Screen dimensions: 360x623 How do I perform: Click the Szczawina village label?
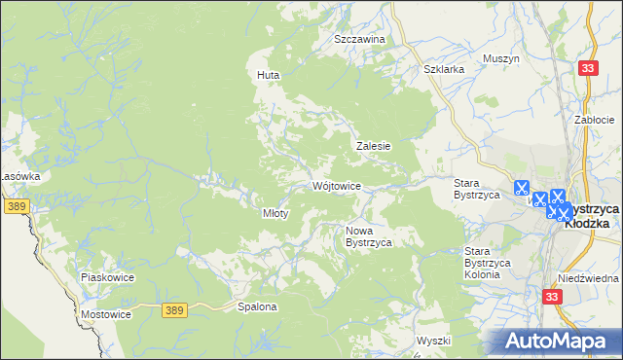(359, 39)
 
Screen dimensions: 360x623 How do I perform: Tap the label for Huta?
(268, 74)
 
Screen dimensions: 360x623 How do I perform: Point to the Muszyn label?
(501, 58)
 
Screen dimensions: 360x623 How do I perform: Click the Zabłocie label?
(593, 120)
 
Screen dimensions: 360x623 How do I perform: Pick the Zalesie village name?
(373, 146)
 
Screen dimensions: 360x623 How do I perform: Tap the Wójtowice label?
(338, 185)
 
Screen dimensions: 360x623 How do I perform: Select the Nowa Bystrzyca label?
(369, 236)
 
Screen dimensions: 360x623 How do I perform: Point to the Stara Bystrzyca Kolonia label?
(482, 263)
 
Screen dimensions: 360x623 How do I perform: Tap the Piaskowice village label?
(107, 277)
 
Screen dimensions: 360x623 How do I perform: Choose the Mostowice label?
(106, 315)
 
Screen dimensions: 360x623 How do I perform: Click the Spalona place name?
(258, 306)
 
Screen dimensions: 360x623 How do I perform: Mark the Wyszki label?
(433, 341)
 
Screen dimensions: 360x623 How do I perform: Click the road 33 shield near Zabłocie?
(587, 67)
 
